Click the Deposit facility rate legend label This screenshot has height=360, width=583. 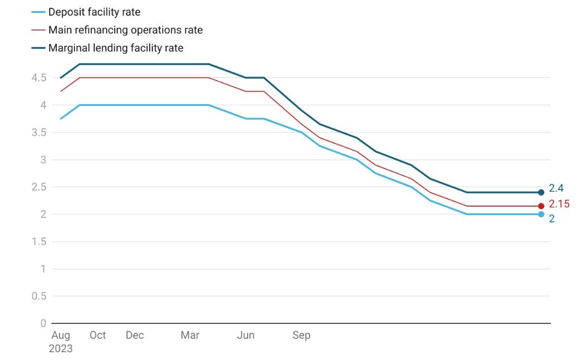pyautogui.click(x=94, y=12)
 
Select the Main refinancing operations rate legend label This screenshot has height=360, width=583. pyautogui.click(x=125, y=30)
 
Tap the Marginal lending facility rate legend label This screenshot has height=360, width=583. pyautogui.click(x=116, y=48)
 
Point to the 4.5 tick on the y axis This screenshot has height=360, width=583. pyautogui.click(x=38, y=77)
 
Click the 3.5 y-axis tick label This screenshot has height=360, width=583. pyautogui.click(x=38, y=132)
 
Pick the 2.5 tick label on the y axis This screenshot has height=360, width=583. pyautogui.click(x=38, y=187)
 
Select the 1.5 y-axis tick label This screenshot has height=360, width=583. pyautogui.click(x=38, y=241)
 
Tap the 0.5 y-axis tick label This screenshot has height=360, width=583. pyautogui.click(x=38, y=296)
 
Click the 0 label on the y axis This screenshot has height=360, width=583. pyautogui.click(x=43, y=323)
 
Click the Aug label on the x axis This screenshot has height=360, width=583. pyautogui.click(x=61, y=335)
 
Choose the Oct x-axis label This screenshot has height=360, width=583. pyautogui.click(x=97, y=335)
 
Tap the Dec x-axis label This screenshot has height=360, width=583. pyautogui.click(x=134, y=335)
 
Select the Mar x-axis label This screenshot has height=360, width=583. pyautogui.click(x=190, y=335)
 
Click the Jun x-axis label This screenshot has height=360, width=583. pyautogui.click(x=246, y=335)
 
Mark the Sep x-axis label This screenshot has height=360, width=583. pyautogui.click(x=301, y=335)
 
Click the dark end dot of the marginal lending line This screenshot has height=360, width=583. pyautogui.click(x=541, y=192)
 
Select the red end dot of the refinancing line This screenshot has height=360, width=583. pyautogui.click(x=541, y=206)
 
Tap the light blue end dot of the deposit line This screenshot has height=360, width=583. pyautogui.click(x=541, y=214)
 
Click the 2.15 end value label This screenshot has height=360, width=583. pyautogui.click(x=559, y=204)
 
